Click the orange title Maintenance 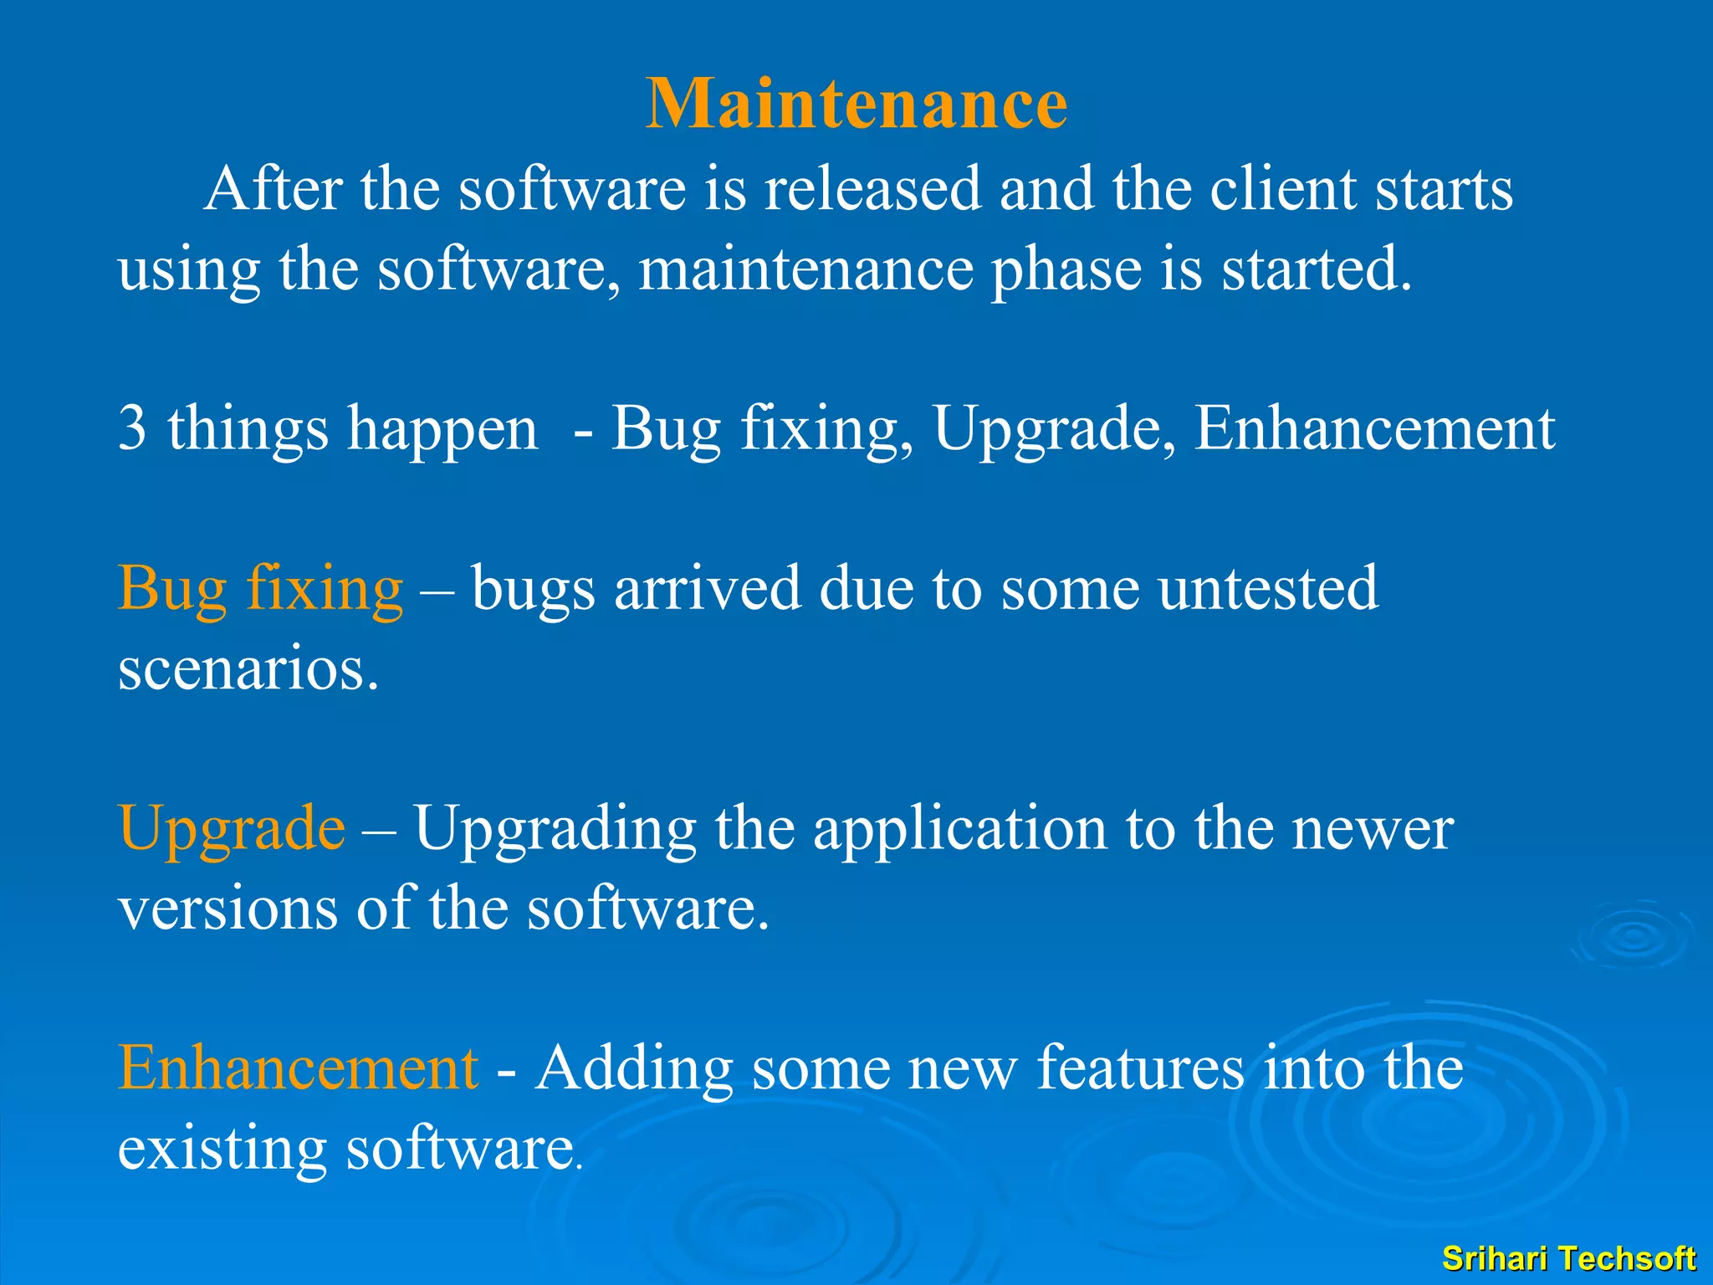click(x=856, y=104)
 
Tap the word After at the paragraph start click(x=273, y=189)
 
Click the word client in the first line click(x=1283, y=189)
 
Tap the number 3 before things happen click(x=132, y=428)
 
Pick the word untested click(x=1268, y=589)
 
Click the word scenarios click(x=248, y=670)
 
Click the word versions click(x=228, y=909)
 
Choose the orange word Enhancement click(x=298, y=1069)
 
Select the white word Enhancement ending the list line click(x=1374, y=428)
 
